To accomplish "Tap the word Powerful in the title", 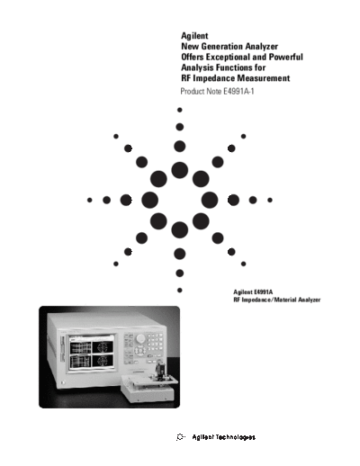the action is [285, 57].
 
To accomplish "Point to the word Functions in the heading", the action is [234, 67].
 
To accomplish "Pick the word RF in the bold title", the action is [185, 78].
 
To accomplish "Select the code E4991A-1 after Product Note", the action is [238, 91].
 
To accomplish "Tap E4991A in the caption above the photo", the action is [263, 291].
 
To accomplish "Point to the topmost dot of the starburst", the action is [180, 110].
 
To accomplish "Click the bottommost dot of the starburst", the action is [180, 291].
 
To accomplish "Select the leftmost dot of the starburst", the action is [89, 200].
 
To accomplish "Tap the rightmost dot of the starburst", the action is [270, 200].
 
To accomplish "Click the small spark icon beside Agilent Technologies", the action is [180, 437].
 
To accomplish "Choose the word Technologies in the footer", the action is [236, 437].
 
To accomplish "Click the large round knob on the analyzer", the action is [140, 338].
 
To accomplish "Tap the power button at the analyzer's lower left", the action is [63, 382].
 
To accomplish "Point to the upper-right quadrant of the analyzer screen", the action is [103, 346].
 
